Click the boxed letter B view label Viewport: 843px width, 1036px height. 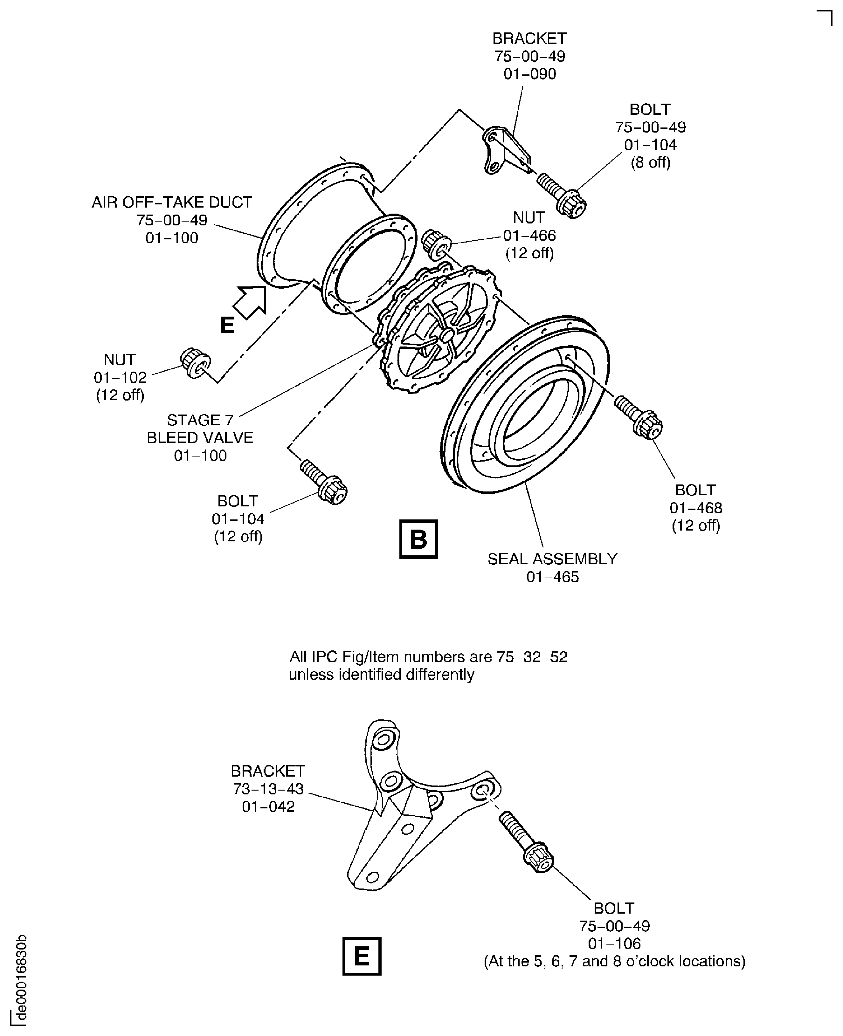tap(418, 539)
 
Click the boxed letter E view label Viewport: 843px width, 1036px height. tap(362, 956)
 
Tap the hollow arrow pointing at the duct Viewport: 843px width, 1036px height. tap(250, 302)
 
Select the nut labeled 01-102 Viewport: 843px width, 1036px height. tap(195, 363)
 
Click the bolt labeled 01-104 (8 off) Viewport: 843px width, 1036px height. tap(562, 196)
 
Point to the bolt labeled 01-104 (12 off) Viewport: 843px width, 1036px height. tap(323, 482)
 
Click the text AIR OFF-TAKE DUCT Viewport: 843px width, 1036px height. tap(172, 202)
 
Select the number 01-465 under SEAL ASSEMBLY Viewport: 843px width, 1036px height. tap(553, 577)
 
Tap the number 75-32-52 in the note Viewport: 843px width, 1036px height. tap(532, 657)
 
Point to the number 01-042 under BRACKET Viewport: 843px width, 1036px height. tap(268, 806)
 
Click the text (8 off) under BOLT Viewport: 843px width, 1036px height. tap(650, 162)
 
